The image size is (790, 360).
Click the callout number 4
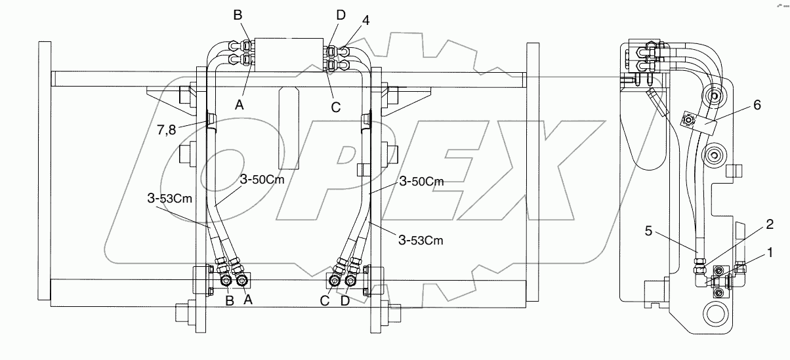point(365,20)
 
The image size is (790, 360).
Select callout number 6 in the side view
point(757,106)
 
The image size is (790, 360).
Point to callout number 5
point(649,230)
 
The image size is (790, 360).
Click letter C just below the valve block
point(335,107)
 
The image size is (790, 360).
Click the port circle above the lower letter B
point(226,281)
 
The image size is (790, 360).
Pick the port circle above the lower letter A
point(243,281)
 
